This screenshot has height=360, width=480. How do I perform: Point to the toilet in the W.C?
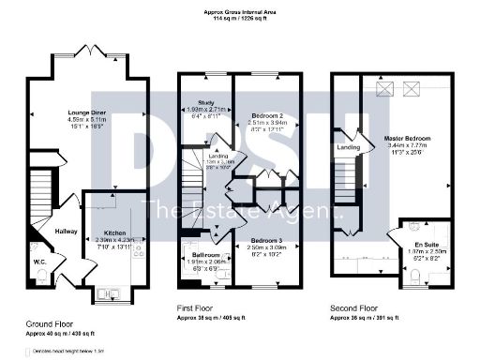(x=39, y=276)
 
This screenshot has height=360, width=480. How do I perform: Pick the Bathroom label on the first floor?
(x=206, y=255)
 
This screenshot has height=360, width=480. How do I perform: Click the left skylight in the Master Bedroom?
(x=384, y=87)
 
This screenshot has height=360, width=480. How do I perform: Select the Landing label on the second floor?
(x=349, y=146)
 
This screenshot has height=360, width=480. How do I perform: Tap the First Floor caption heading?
(x=199, y=307)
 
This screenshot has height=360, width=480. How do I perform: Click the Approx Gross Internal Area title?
(x=240, y=10)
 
